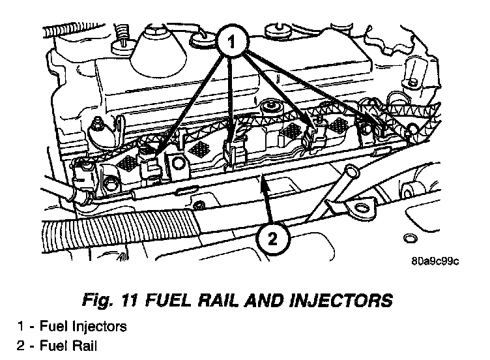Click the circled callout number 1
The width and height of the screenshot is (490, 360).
[x=231, y=44]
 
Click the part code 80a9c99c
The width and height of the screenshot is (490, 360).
[x=435, y=262]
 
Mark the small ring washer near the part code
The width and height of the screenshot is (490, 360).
[x=412, y=236]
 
